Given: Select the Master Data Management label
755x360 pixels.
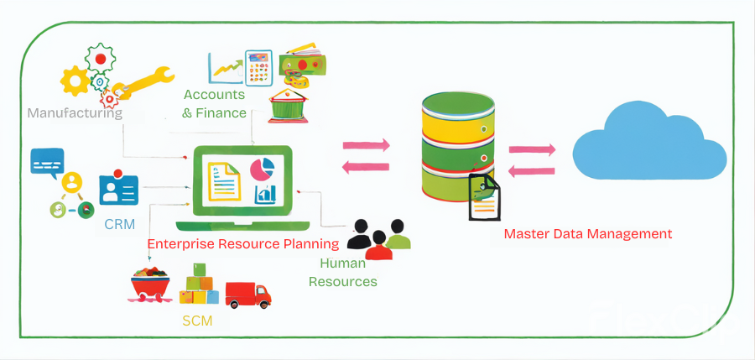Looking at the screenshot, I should (x=587, y=233).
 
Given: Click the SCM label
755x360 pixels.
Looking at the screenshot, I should (x=197, y=321).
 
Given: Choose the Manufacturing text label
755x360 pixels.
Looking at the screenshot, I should (x=75, y=112).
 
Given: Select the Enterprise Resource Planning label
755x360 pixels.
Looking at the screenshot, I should (x=243, y=244).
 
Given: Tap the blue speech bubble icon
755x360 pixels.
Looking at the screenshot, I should (x=47, y=160).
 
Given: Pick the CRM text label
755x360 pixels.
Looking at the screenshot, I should (x=120, y=224).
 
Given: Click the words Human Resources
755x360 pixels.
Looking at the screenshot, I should (x=342, y=272).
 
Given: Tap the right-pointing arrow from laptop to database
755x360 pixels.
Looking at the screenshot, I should (x=367, y=145).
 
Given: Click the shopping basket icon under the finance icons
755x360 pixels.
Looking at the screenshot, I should (x=286, y=107).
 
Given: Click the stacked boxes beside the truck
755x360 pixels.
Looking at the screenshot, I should (x=198, y=285).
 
